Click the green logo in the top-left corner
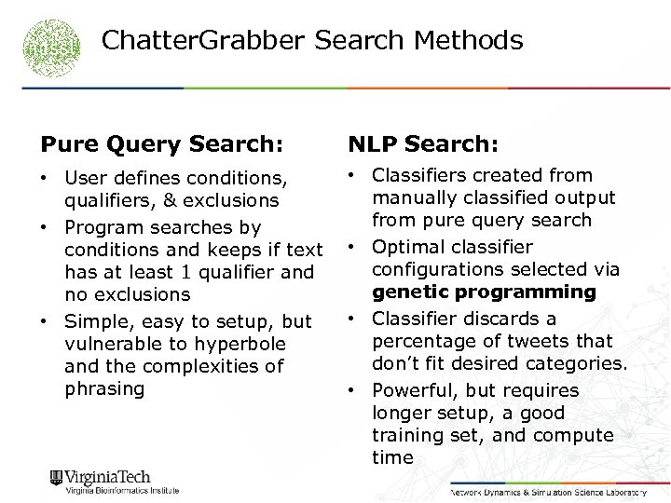[x=52, y=46]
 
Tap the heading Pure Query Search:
[x=161, y=143]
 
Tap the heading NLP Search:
[x=423, y=143]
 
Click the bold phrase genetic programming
[x=484, y=292]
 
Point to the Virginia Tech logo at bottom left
[x=114, y=482]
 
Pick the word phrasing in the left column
[x=104, y=388]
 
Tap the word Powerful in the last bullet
[x=413, y=390]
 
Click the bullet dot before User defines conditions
[x=46, y=177]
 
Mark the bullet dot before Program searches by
[x=46, y=227]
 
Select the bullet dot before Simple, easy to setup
[x=46, y=321]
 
